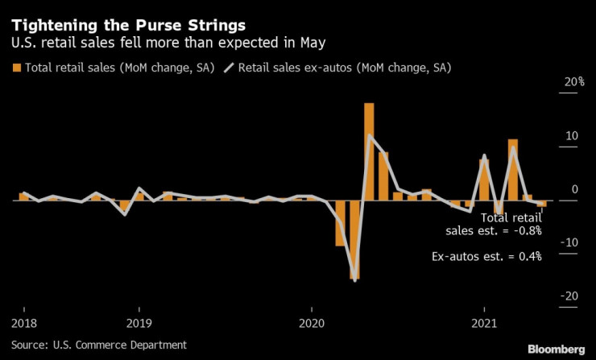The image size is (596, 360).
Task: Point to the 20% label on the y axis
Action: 552,82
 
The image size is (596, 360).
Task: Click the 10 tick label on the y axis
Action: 551,136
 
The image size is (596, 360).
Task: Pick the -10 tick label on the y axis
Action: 548,242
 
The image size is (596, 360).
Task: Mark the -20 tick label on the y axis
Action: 548,296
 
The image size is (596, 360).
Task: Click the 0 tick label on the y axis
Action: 553,189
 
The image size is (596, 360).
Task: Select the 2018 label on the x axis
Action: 23,324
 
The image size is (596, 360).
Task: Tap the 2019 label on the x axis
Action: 139,324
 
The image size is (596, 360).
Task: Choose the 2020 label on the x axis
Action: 312,324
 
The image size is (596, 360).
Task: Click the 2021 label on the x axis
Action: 484,324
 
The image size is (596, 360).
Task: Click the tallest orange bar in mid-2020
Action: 369,151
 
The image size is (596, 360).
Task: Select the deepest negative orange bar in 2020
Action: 354,239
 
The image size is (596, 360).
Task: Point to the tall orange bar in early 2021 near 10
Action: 512,169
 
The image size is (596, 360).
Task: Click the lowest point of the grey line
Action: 354,280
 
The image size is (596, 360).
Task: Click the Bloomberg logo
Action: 557,349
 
